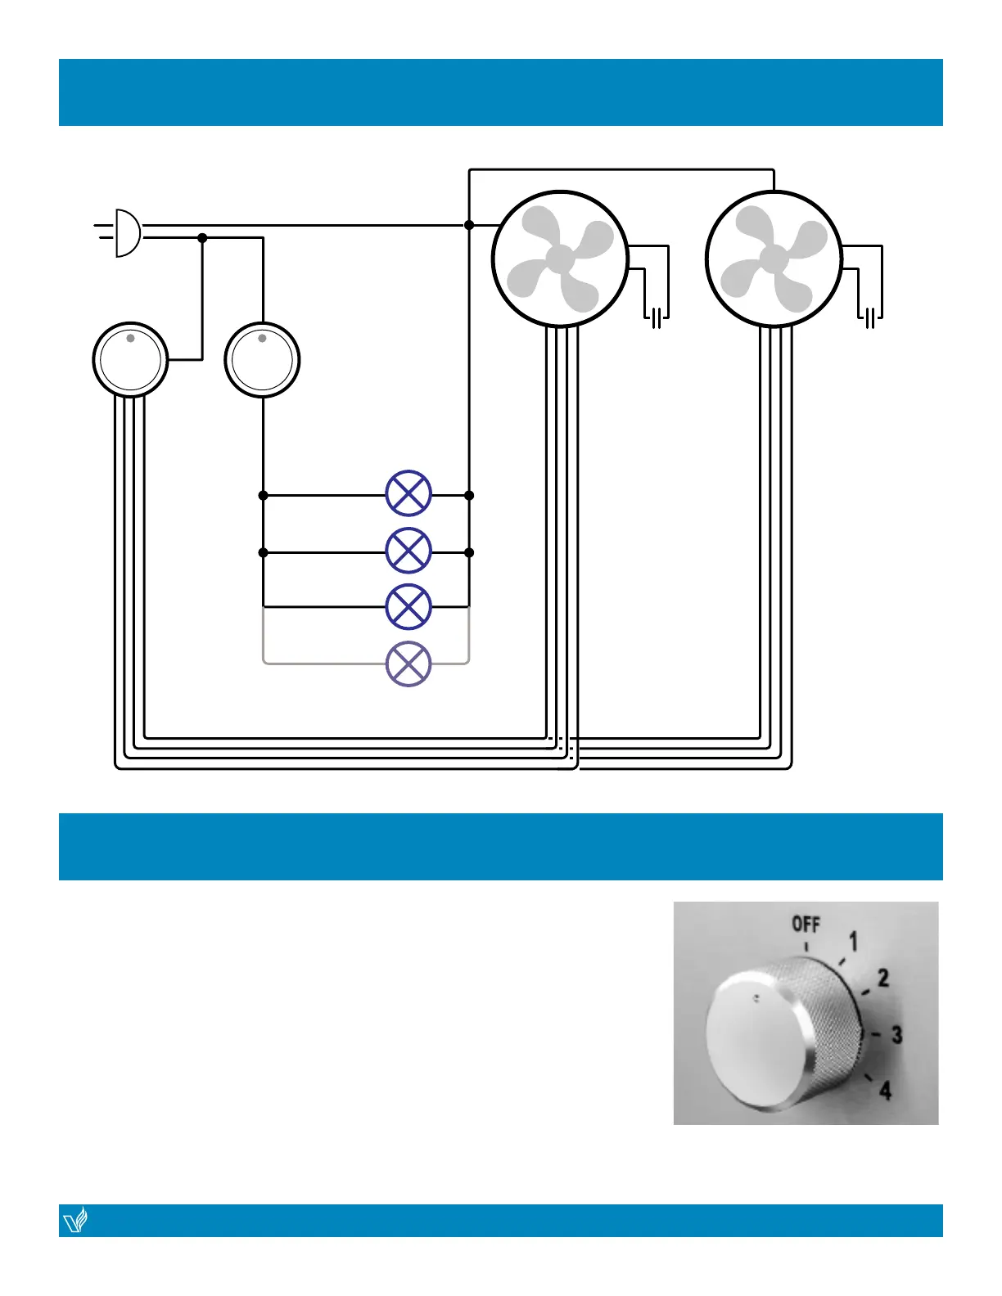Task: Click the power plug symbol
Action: tap(125, 233)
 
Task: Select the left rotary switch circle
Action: tap(130, 360)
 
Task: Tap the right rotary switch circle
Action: tap(263, 360)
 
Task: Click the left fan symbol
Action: tap(560, 259)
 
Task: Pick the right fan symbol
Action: tap(774, 259)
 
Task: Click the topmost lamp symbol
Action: tap(408, 493)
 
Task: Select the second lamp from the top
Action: tap(408, 551)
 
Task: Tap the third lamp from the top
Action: tap(408, 606)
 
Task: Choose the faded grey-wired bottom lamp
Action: tap(408, 664)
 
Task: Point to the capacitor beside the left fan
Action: tap(657, 317)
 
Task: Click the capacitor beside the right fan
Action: tap(870, 317)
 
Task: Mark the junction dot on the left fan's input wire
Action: tap(469, 225)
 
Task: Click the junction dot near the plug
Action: tap(202, 238)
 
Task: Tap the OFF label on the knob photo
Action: tap(806, 925)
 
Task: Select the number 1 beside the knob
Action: tap(853, 942)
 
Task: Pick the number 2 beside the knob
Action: tap(882, 978)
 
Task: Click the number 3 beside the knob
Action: tap(896, 1035)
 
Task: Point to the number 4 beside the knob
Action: tap(885, 1090)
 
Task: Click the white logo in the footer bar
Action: tap(75, 1221)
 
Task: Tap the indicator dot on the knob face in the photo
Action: tap(756, 998)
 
